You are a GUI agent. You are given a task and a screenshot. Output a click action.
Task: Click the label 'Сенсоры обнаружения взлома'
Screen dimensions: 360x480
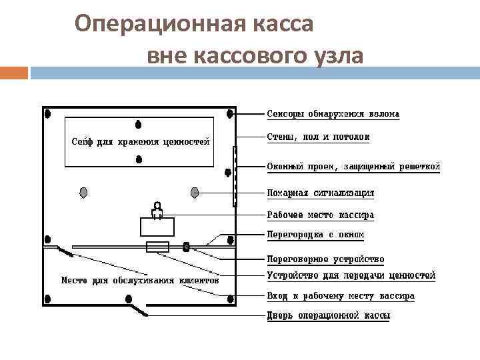[x=333, y=114]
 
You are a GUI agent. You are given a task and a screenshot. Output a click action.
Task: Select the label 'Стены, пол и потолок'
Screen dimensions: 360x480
[x=318, y=137]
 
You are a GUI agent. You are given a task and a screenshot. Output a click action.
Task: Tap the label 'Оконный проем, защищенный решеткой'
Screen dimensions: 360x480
[x=353, y=167]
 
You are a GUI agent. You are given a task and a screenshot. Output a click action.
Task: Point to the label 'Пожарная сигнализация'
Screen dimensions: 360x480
[x=320, y=193]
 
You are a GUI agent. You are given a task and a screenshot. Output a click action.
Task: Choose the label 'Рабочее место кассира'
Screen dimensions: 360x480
[x=320, y=215]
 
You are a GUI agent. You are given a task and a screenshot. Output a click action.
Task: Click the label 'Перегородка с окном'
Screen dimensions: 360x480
[x=315, y=235]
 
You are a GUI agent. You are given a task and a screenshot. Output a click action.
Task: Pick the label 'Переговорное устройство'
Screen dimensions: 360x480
[x=325, y=259]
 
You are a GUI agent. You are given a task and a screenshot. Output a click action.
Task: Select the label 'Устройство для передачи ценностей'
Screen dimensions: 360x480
[x=351, y=275]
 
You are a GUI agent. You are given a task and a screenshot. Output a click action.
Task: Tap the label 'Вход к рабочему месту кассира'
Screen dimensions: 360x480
[x=341, y=296]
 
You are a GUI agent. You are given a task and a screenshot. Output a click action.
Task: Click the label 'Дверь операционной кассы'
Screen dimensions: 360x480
[x=328, y=316]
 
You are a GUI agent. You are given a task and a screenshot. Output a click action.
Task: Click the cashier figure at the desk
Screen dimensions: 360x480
[x=157, y=209]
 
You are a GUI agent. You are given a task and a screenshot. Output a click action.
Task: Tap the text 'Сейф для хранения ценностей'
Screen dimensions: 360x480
[x=141, y=141]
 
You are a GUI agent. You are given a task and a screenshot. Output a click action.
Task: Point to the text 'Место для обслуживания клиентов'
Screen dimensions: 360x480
[x=140, y=281]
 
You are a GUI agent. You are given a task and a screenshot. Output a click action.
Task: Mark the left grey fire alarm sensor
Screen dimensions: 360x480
[x=83, y=193]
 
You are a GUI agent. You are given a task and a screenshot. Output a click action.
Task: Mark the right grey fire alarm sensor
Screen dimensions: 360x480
[x=195, y=193]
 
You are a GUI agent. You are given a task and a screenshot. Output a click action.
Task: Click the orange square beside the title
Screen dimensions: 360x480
[x=13, y=72]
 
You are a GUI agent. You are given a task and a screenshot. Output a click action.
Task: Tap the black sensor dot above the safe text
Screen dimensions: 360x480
[x=138, y=124]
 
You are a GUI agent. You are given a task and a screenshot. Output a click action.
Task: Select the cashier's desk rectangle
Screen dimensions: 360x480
[x=157, y=227]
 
